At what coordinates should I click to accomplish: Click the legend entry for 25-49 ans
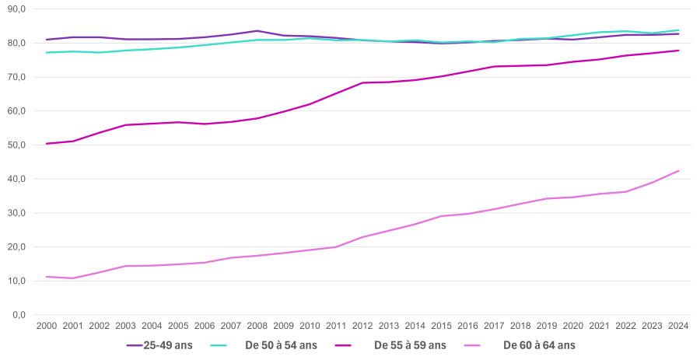167,345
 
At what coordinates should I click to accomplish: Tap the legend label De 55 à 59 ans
410,345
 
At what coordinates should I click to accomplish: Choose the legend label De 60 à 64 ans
539,345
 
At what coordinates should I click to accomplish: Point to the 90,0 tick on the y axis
16,9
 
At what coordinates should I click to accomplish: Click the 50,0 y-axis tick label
16,145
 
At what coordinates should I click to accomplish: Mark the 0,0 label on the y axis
18,315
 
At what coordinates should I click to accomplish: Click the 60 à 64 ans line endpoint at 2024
678,170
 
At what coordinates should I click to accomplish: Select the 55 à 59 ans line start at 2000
47,144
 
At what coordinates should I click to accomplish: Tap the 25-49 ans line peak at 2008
257,31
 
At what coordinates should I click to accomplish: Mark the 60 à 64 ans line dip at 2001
73,278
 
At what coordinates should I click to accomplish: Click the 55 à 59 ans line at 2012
362,82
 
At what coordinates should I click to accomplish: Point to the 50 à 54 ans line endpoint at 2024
678,30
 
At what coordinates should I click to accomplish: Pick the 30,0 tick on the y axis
16,213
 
